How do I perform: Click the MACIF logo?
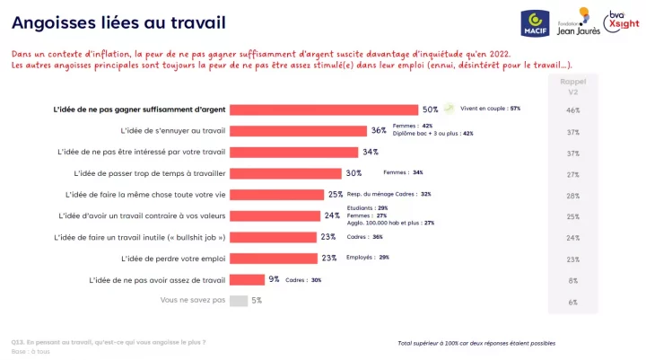click(536, 22)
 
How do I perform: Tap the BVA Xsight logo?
click(618, 18)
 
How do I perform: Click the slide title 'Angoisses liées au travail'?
click(118, 22)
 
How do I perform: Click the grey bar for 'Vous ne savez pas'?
click(239, 301)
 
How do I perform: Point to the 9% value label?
click(274, 279)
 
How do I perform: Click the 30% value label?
click(354, 173)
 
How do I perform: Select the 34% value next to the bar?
click(371, 152)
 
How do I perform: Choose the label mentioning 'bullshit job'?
click(139, 237)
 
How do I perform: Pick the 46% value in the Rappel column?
click(573, 110)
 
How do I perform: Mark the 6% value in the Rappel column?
click(573, 302)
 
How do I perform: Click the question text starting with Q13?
click(108, 342)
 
